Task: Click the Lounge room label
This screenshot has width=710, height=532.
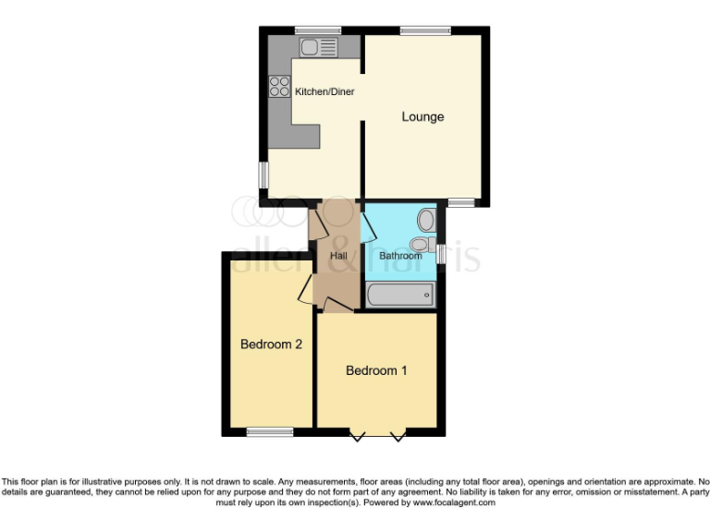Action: coord(422,117)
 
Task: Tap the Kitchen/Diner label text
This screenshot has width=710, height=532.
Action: coord(324,91)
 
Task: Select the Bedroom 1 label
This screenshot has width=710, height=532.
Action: coord(376,370)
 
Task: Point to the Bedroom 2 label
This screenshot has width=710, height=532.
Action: coord(272,345)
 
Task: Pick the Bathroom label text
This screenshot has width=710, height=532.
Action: coord(400,255)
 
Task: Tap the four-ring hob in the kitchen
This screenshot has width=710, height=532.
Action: coord(279,87)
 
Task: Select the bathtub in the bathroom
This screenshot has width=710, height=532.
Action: coord(400,296)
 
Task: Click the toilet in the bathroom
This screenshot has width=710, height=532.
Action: coord(422,245)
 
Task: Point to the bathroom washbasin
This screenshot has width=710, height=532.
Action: coord(427,220)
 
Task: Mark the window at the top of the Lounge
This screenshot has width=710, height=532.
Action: coord(425,31)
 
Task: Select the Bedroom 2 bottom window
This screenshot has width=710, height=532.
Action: coord(270,431)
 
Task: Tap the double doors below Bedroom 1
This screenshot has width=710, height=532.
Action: coord(377,433)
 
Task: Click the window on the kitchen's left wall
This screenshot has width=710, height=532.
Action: coord(263,175)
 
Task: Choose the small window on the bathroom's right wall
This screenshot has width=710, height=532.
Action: coord(442,253)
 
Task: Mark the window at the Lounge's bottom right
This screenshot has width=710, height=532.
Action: coord(461,202)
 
